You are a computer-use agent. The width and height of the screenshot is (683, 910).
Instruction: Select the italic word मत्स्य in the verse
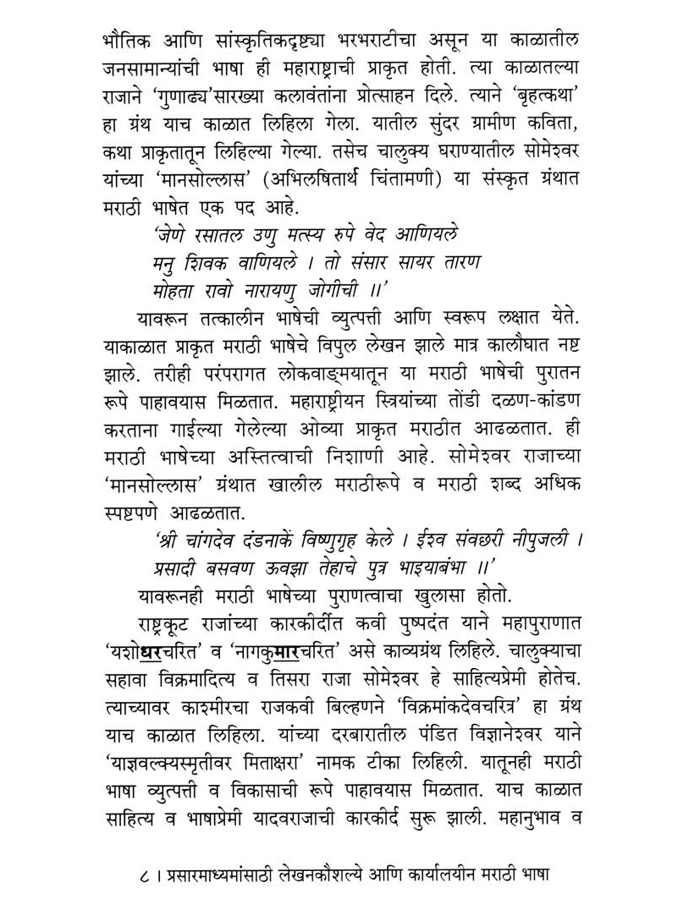tap(305, 235)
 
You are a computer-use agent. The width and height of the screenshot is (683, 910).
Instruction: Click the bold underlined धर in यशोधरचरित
tap(150, 652)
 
